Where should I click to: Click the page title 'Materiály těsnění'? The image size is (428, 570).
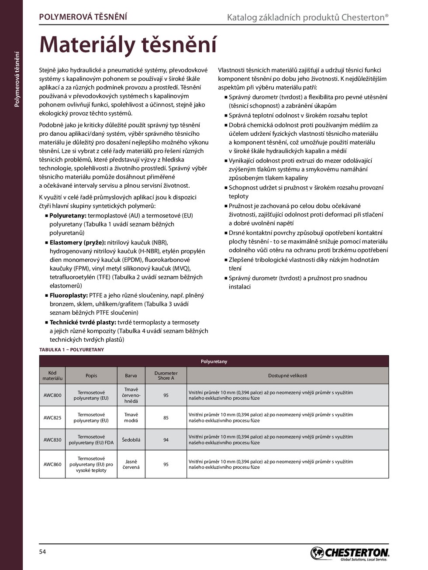(x=128, y=45)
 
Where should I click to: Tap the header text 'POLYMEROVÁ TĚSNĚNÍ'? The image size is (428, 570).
(x=83, y=17)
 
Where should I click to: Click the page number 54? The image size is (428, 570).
(x=42, y=552)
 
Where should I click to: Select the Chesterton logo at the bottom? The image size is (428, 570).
(x=349, y=553)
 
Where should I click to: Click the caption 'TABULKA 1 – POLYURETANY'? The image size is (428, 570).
(x=72, y=350)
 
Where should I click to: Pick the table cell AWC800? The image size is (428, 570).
(x=52, y=395)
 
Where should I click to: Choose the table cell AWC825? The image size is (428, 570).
(x=52, y=418)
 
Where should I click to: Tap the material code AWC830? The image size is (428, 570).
(x=52, y=440)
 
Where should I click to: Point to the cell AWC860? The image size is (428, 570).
(x=52, y=464)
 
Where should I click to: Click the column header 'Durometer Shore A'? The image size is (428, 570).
(x=166, y=376)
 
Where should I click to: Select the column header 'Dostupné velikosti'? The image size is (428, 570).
(x=287, y=375)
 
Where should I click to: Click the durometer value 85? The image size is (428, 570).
(x=166, y=418)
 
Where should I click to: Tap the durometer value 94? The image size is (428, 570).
(x=166, y=440)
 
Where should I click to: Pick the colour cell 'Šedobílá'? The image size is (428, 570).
(x=131, y=440)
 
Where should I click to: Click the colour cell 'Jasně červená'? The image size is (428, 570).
(x=131, y=464)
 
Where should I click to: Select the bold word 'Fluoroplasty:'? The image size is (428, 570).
(x=69, y=295)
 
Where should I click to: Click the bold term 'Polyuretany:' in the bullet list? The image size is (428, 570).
(x=68, y=216)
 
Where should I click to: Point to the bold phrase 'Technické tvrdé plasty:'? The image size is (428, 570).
(x=83, y=323)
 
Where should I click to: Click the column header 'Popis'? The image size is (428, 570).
(x=91, y=376)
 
